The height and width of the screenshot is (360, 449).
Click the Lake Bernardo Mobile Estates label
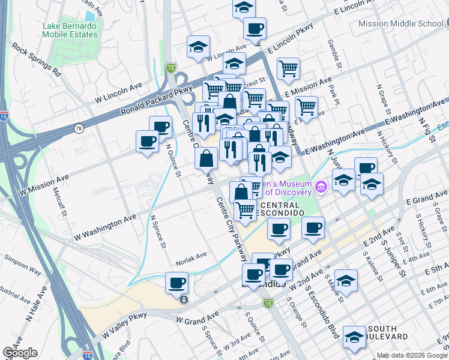[x=70, y=30]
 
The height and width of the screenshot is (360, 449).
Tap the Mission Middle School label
[x=400, y=23]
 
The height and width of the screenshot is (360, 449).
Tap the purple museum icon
[x=321, y=188]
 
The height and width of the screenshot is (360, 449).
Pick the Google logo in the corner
[x=20, y=353]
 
